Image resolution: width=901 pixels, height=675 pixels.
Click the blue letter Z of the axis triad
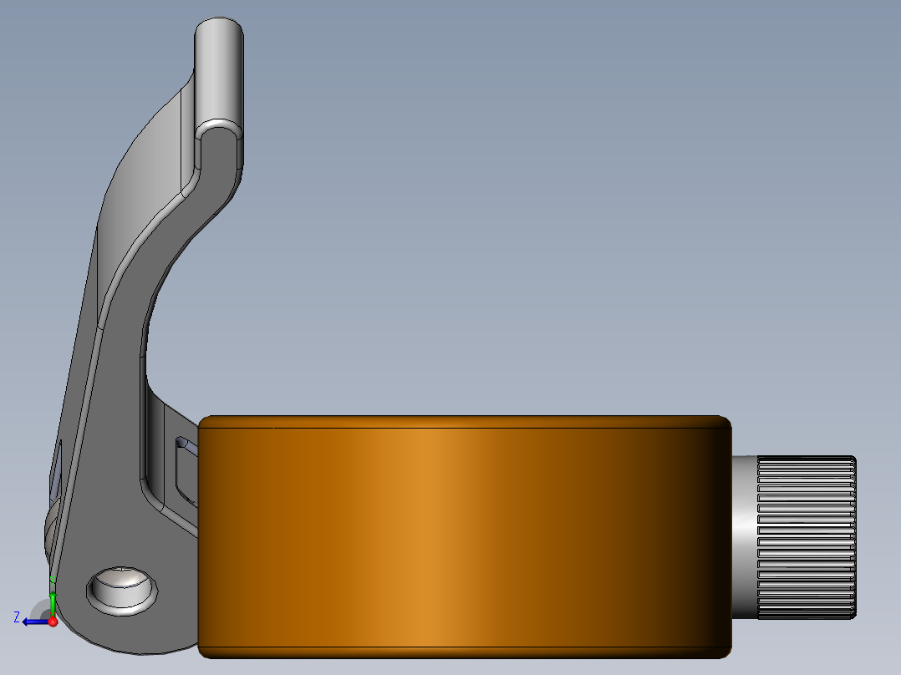coord(17,617)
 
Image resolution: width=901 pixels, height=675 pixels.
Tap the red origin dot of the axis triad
coord(53,622)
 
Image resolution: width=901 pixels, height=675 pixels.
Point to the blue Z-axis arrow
coord(36,622)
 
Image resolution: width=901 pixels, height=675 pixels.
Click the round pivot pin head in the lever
coord(122,590)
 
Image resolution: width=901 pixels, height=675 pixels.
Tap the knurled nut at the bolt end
coord(807,538)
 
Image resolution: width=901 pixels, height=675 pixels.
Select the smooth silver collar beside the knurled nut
coord(744,538)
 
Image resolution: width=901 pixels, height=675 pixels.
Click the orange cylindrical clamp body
coord(465,537)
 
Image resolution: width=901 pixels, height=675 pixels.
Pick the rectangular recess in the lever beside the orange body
coord(186,471)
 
